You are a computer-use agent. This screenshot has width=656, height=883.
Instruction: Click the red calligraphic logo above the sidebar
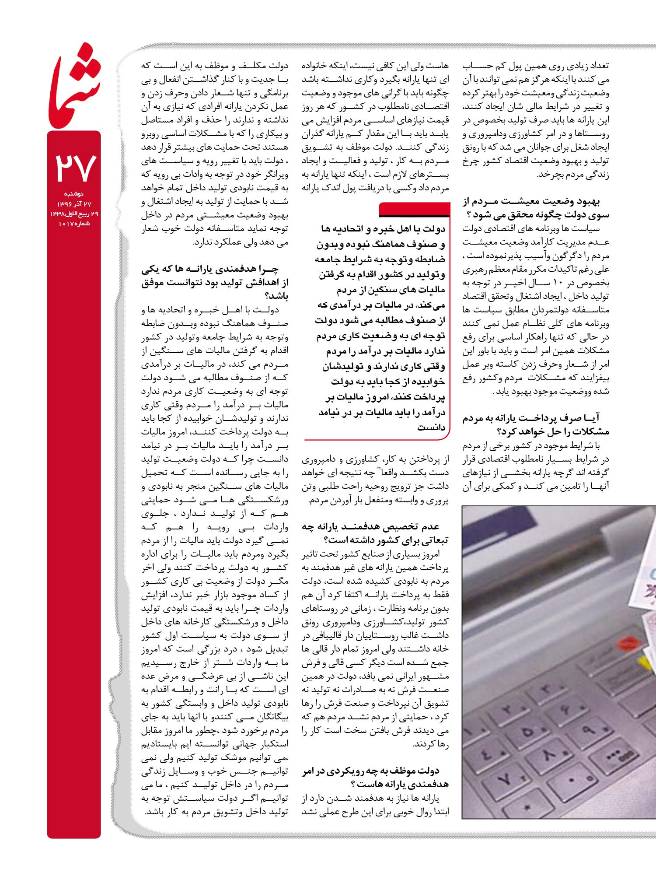[x=74, y=85]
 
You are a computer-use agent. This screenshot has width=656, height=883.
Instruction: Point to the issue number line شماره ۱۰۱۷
[x=74, y=224]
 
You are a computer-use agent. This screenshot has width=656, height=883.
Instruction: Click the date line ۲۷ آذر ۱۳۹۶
[x=74, y=204]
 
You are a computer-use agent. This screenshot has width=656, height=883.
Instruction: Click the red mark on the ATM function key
[x=629, y=643]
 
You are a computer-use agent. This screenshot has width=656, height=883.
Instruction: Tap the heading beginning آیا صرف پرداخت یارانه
[x=536, y=425]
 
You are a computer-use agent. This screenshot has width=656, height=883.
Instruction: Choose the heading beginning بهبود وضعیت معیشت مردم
[x=536, y=208]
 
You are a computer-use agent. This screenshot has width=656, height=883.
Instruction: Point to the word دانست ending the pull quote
[x=431, y=427]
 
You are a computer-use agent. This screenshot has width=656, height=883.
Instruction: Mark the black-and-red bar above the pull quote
[x=414, y=210]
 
